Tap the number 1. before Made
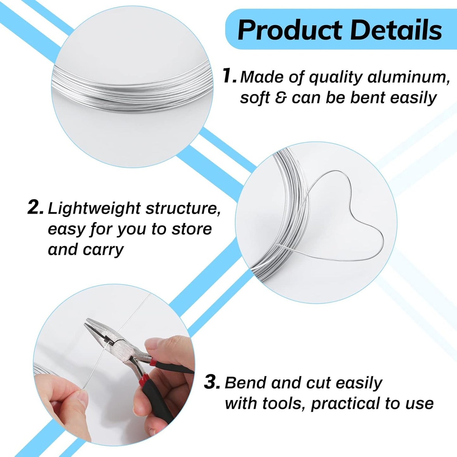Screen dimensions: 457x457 pos(229,76)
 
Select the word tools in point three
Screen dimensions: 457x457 pos(282,403)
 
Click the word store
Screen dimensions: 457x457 pos(192,229)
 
